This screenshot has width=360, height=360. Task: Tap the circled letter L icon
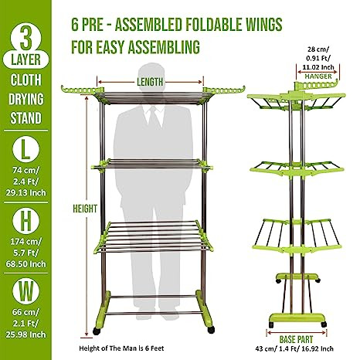coord(25,149)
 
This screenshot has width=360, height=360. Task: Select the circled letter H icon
coord(25,220)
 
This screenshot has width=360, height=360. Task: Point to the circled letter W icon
coord(25,291)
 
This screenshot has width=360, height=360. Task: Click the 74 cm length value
coord(25,170)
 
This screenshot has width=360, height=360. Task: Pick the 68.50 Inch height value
coord(25,264)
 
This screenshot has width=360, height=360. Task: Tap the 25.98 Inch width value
coord(25,335)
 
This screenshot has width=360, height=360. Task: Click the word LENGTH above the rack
coord(150,82)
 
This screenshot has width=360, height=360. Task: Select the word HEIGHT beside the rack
coord(85,209)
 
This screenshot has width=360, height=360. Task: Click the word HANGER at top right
coord(318,76)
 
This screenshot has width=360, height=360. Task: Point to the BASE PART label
coord(296,339)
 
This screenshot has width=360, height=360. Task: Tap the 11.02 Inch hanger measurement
coord(318,67)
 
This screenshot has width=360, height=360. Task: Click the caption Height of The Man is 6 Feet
coord(121,348)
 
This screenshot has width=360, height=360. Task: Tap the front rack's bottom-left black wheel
coord(97,331)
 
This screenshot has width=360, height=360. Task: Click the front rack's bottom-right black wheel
coord(211,330)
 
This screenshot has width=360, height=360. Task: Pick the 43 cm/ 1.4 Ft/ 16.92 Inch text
coord(294,349)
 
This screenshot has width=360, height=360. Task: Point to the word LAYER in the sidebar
coord(25,60)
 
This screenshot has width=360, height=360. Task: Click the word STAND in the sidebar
coord(25,118)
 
